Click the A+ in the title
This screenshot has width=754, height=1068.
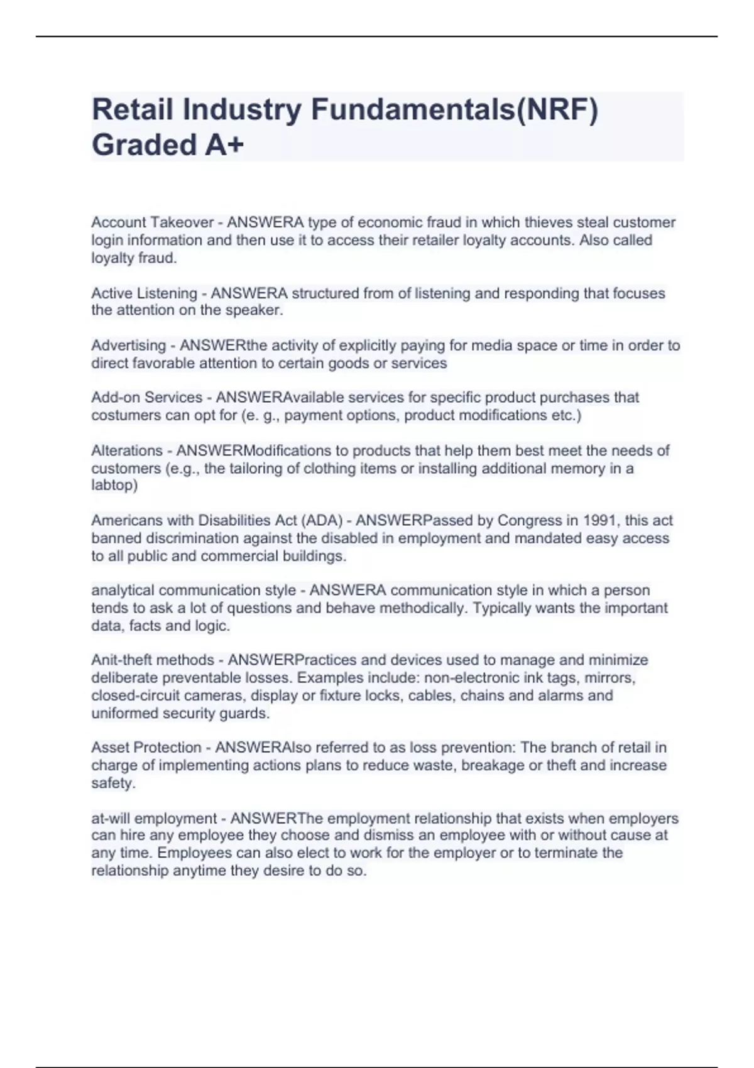[x=224, y=145]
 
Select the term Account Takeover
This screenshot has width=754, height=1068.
[x=153, y=222]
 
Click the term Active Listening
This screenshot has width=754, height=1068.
[x=145, y=293]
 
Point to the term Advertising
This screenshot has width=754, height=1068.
[x=129, y=346]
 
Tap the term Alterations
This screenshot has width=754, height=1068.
[x=127, y=450]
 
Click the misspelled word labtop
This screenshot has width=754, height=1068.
[x=114, y=485]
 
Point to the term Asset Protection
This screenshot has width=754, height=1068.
[x=146, y=748]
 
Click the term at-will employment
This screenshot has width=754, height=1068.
[x=154, y=819]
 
